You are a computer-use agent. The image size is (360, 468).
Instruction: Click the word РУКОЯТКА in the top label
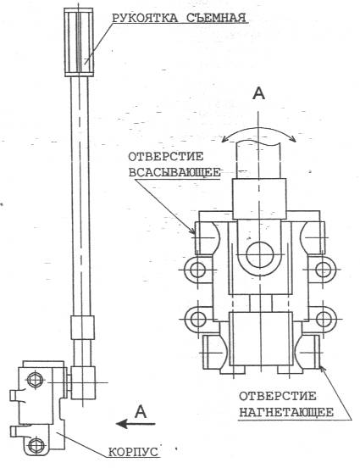pyautogui.click(x=145, y=18)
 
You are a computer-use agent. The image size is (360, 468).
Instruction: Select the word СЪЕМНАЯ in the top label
pyautogui.click(x=217, y=18)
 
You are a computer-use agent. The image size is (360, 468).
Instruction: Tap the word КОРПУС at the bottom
pyautogui.click(x=133, y=452)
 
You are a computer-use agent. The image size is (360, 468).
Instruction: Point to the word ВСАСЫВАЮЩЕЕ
pyautogui.click(x=174, y=172)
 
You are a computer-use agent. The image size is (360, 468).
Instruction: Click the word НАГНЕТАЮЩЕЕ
pyautogui.click(x=286, y=412)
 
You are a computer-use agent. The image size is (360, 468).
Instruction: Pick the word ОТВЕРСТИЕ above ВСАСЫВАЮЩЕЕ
pyautogui.click(x=166, y=156)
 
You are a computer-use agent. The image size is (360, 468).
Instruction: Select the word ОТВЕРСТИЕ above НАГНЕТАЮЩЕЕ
pyautogui.click(x=277, y=396)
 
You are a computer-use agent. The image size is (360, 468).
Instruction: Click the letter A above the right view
pyautogui.click(x=258, y=93)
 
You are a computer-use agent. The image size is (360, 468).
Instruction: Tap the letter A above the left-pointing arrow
pyautogui.click(x=141, y=411)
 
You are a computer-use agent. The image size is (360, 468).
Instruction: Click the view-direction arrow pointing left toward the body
pyautogui.click(x=136, y=424)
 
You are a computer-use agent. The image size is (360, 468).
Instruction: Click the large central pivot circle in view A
pyautogui.click(x=260, y=254)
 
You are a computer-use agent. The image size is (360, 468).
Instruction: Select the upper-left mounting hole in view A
pyautogui.click(x=197, y=270)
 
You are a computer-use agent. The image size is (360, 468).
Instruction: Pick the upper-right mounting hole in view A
pyautogui.click(x=324, y=270)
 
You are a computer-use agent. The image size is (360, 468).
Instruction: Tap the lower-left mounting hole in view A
pyautogui.click(x=198, y=320)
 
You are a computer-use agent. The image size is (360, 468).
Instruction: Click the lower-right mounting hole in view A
pyautogui.click(x=324, y=319)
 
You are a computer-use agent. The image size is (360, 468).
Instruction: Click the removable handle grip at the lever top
pyautogui.click(x=79, y=42)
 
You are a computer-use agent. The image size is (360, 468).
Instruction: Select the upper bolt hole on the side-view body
pyautogui.click(x=36, y=380)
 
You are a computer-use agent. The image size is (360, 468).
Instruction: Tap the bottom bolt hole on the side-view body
pyautogui.click(x=36, y=445)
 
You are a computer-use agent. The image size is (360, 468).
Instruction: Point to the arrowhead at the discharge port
pyautogui.click(x=323, y=369)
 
